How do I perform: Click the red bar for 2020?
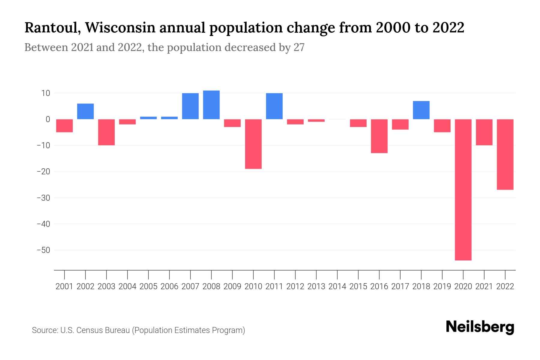(463, 190)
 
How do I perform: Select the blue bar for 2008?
(211, 105)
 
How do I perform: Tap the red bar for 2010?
(253, 144)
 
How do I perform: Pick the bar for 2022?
(505, 154)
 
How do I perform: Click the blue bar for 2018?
(421, 110)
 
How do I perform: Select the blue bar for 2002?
(85, 112)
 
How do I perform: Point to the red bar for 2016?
(379, 136)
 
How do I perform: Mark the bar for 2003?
(106, 132)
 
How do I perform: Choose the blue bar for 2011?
(274, 106)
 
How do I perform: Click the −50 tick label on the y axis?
(43, 250)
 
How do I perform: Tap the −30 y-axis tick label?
(43, 198)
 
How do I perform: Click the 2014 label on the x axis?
(337, 286)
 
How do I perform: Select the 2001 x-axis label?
(64, 286)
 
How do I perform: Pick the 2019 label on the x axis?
(442, 286)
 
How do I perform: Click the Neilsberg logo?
(480, 327)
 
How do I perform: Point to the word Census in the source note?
(89, 330)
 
